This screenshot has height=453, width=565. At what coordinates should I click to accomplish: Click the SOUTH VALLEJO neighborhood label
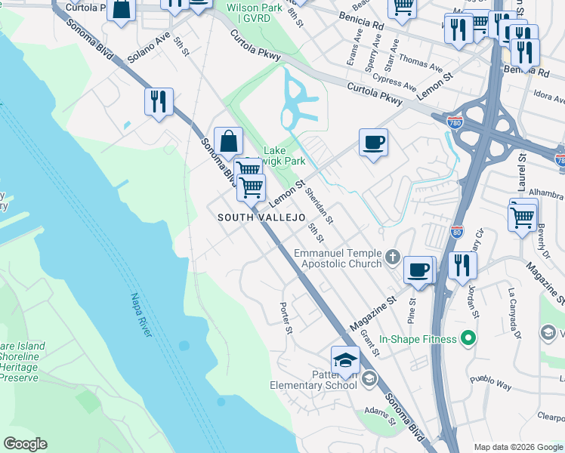pyautogui.click(x=261, y=217)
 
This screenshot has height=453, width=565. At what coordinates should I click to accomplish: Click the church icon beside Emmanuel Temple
pyautogui.click(x=392, y=258)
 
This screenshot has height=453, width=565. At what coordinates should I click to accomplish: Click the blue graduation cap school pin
pyautogui.click(x=345, y=360)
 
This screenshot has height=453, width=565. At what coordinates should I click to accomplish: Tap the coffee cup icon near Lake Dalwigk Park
pyautogui.click(x=373, y=142)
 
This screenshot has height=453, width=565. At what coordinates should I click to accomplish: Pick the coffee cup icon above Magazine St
pyautogui.click(x=418, y=270)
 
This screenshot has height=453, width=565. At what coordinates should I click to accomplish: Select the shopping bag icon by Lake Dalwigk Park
pyautogui.click(x=228, y=140)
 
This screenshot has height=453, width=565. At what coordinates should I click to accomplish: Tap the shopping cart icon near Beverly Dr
pyautogui.click(x=523, y=217)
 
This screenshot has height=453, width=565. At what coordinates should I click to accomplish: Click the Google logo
pyautogui.click(x=25, y=444)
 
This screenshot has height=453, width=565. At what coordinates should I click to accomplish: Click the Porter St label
pyautogui.click(x=286, y=319)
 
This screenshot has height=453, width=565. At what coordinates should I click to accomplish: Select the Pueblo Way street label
pyautogui.click(x=490, y=382)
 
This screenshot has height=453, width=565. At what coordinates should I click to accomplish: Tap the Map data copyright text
pyautogui.click(x=518, y=447)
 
